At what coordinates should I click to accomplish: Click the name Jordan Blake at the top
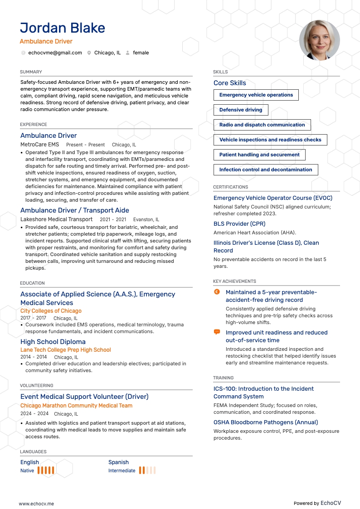coord(63,28)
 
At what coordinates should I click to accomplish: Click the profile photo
coord(319,40)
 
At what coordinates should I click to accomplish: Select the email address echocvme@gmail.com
coord(55,53)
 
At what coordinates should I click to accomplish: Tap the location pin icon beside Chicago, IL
coord(89,53)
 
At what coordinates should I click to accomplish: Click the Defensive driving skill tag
coord(241,110)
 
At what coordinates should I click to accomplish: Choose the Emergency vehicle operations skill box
coord(256,95)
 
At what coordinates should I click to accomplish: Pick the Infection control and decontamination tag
coord(266,170)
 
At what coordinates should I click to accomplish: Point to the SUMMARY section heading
coord(31,72)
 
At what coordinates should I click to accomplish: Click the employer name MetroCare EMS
coord(39,145)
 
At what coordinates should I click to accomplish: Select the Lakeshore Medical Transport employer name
coord(56,219)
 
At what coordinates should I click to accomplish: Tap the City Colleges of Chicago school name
coord(51,311)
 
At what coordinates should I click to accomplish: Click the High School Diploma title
coord(53,342)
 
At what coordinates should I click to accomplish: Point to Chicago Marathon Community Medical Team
coord(76,406)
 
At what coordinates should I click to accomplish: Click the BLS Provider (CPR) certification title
coord(239,223)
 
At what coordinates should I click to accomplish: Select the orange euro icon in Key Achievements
coord(217,292)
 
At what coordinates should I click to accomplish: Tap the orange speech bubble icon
coord(217,332)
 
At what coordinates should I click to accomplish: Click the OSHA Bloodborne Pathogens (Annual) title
coord(266,422)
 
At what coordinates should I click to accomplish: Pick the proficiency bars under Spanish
coord(147,470)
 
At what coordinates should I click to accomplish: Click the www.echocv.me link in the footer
coord(36,504)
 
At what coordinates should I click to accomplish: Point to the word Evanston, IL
coord(146,220)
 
